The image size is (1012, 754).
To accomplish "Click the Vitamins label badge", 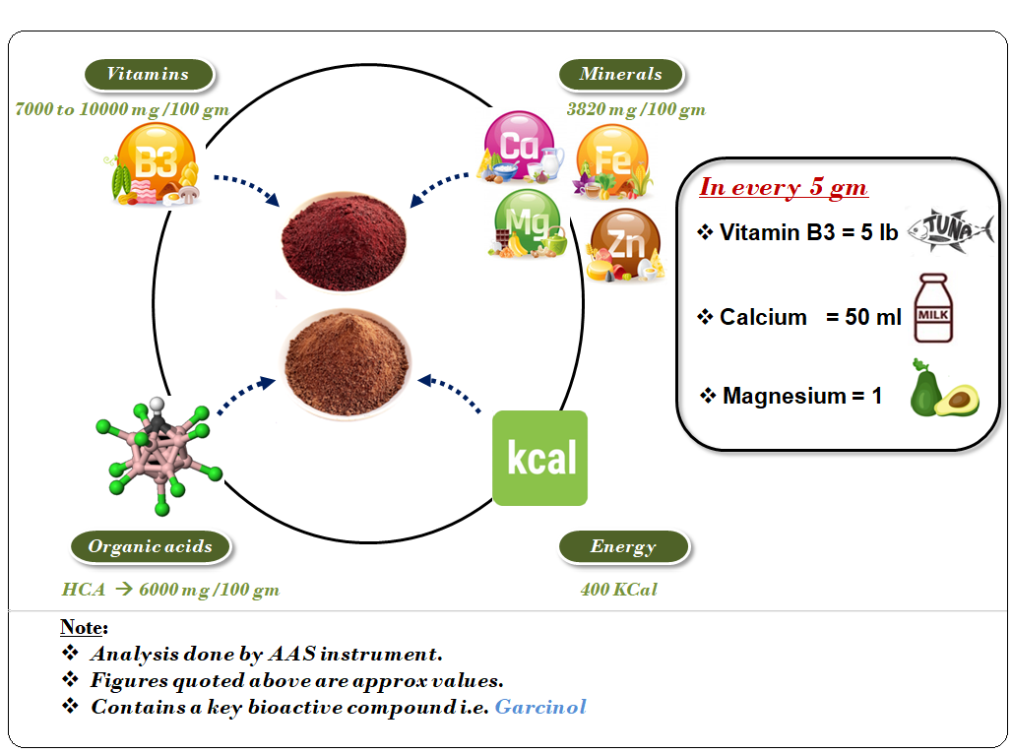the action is (149, 74).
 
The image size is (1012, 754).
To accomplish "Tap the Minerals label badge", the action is (621, 74).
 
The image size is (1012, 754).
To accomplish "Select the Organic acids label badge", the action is (151, 546).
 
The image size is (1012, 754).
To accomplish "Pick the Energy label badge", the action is (624, 546).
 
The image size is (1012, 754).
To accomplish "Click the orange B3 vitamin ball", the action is (156, 161).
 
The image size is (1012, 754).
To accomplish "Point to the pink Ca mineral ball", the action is (519, 145).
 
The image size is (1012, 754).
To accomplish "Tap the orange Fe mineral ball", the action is (612, 158).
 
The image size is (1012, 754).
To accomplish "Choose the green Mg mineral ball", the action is (528, 222).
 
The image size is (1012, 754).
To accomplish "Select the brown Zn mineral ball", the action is (625, 243).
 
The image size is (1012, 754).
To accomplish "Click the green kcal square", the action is (540, 458).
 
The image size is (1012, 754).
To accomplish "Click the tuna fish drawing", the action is (950, 230).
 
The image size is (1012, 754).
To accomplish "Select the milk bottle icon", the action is (933, 308).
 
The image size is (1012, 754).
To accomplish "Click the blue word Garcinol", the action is (540, 707).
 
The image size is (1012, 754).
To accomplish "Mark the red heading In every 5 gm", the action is (784, 187).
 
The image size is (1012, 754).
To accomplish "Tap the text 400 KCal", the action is (619, 590).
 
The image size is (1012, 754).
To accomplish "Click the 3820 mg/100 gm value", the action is (636, 109).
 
